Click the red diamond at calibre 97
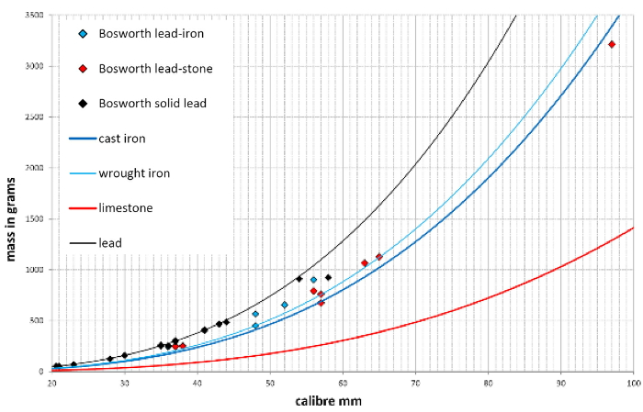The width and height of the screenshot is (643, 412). click(612, 44)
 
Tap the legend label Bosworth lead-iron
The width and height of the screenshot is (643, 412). click(151, 34)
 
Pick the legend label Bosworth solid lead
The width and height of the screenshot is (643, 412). click(152, 104)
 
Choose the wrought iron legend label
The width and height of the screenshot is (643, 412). click(134, 173)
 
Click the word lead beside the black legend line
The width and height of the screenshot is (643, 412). click(110, 243)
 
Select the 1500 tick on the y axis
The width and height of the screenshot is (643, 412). click(34, 219)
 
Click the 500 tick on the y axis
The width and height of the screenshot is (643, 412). click(37, 321)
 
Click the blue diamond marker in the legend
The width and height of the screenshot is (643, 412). click(83, 34)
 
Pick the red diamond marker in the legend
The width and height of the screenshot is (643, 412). click(83, 69)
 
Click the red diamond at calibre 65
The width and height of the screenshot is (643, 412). click(378, 257)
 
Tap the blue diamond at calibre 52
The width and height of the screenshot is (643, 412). click(285, 305)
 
